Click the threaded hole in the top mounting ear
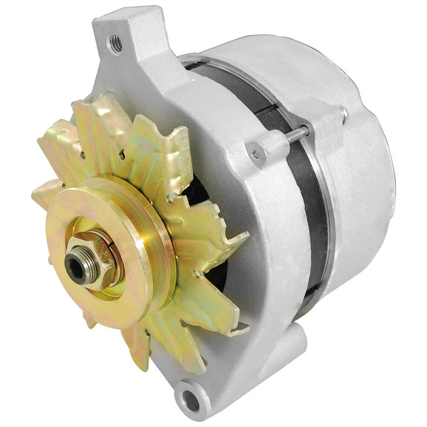pyautogui.click(x=117, y=43)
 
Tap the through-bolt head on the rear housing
pyautogui.click(x=342, y=112)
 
